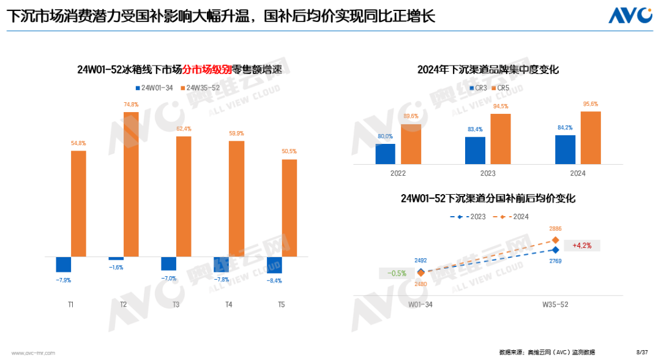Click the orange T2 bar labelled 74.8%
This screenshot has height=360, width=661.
tap(131, 184)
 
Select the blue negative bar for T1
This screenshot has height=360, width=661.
tap(64, 264)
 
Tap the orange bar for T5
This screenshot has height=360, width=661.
tap(289, 208)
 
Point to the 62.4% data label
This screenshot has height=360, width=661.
tap(184, 129)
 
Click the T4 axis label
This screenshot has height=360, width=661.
tap(229, 304)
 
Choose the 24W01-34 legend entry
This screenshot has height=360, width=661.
tap(153, 88)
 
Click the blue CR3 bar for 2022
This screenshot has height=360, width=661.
tap(386, 154)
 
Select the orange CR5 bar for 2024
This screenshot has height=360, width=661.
tap(591, 138)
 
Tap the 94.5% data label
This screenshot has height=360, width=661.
tap(500, 107)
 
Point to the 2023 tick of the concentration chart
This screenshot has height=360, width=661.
tap(488, 173)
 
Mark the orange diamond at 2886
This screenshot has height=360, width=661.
tap(556, 241)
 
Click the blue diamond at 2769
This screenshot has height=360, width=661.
tap(556, 250)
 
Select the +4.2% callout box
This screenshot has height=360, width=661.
tap(581, 246)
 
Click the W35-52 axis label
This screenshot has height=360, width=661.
tap(556, 304)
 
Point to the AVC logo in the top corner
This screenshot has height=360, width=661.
tap(630, 15)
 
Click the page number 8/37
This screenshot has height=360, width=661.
tap(642, 352)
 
